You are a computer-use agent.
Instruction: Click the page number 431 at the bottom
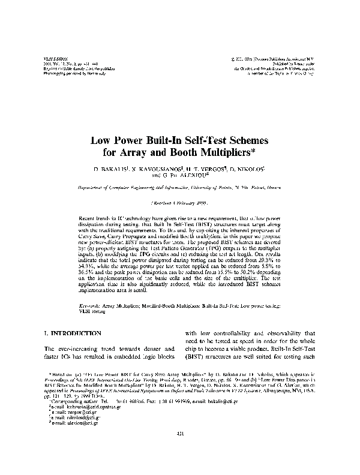[x=180, y=451]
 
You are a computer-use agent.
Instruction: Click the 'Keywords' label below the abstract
[x=90, y=306]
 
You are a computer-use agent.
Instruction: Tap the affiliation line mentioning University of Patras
[x=180, y=188]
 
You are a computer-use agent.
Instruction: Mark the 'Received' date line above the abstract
[x=180, y=203]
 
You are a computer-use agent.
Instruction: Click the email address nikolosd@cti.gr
[x=73, y=419]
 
